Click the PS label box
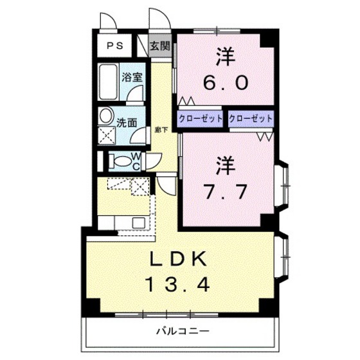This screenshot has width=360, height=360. click(116, 46)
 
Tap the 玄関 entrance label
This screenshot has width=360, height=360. click(160, 46)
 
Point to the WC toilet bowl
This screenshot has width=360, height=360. click(119, 160)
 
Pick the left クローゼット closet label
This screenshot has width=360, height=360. click(201, 119)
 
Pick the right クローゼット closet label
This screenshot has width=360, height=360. click(251, 119)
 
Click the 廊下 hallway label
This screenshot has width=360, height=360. click(162, 130)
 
